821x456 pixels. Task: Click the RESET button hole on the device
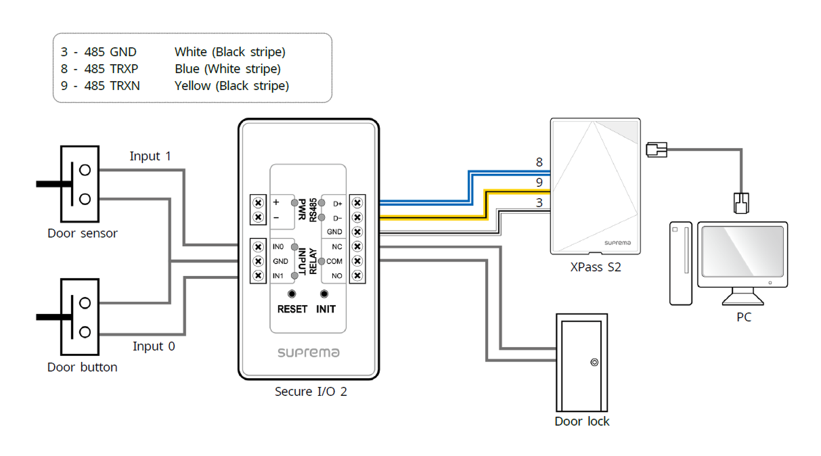[292, 294]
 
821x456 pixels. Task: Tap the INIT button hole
[324, 294]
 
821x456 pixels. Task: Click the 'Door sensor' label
[83, 233]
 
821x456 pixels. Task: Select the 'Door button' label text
[83, 367]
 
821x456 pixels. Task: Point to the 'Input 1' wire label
[150, 156]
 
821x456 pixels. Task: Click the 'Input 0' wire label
[153, 346]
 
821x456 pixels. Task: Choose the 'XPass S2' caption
[596, 267]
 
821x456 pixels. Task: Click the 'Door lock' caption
[582, 421]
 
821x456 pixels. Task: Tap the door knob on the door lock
[594, 363]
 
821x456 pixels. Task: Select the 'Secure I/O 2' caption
[311, 391]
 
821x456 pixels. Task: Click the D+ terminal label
[336, 203]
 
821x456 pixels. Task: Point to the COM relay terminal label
[334, 261]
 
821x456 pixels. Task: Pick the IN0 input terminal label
[278, 247]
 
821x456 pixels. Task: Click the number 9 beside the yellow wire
[539, 183]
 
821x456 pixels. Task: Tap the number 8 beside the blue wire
[539, 162]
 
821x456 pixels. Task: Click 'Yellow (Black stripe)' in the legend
[231, 86]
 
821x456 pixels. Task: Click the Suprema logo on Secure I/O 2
[308, 353]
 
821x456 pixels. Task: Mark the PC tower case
[680, 263]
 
